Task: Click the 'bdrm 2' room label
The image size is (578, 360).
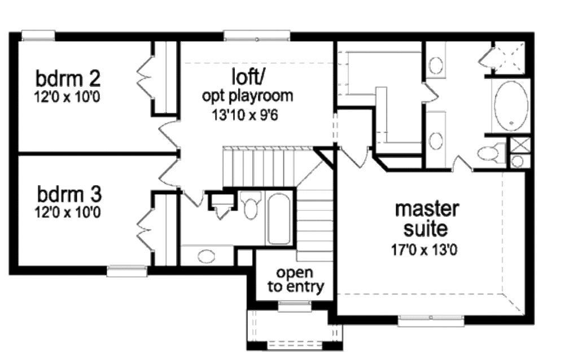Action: (x=68, y=78)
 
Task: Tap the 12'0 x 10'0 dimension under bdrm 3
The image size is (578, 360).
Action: (x=68, y=212)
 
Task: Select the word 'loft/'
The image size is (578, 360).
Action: (x=248, y=77)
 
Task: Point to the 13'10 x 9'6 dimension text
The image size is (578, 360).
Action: (x=245, y=115)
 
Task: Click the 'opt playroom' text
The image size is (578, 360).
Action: (x=247, y=96)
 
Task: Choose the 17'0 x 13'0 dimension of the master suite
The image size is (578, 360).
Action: (x=424, y=250)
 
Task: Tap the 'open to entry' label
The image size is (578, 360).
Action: (x=296, y=280)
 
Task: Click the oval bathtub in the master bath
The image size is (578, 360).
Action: (x=511, y=106)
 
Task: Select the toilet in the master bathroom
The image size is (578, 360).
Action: (x=491, y=153)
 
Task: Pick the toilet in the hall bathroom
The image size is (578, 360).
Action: (x=250, y=204)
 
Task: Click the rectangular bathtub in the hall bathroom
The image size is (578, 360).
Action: (x=278, y=218)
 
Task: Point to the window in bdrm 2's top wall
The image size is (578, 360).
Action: (x=38, y=36)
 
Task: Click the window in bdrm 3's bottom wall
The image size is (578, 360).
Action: (x=127, y=271)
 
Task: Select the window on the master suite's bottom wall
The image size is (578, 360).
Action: (x=431, y=320)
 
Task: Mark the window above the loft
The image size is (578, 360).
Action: (x=257, y=36)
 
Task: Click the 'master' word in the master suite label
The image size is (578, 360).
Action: (x=427, y=209)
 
